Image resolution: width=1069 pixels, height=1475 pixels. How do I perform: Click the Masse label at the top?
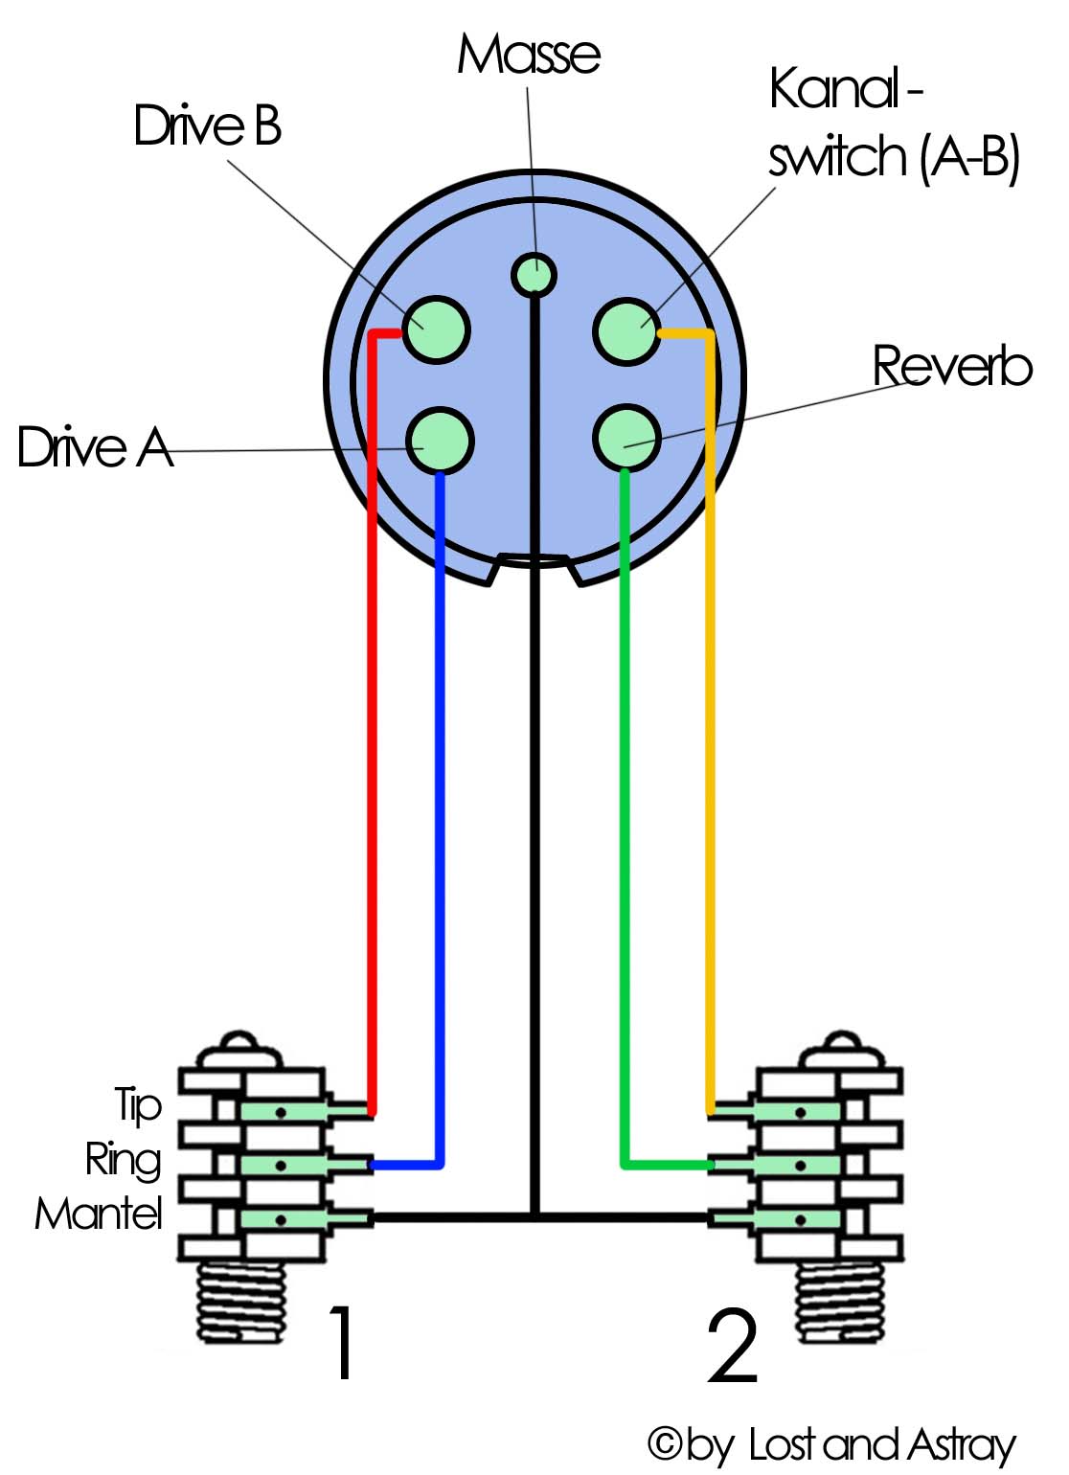(528, 55)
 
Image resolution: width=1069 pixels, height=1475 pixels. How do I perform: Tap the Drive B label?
(207, 125)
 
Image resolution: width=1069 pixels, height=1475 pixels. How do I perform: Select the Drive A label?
(95, 447)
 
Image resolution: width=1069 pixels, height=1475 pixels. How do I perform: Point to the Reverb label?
(952, 366)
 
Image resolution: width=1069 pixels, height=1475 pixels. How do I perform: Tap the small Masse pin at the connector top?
(533, 274)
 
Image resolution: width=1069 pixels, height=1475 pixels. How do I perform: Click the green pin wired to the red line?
(436, 329)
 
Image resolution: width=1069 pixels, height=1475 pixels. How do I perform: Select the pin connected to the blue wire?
(441, 441)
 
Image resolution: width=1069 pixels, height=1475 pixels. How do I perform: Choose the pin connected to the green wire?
(626, 438)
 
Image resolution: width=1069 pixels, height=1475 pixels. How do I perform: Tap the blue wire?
(441, 814)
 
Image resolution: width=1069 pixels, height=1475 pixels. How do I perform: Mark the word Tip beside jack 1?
(139, 1105)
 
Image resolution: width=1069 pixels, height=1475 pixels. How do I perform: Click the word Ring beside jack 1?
(124, 1160)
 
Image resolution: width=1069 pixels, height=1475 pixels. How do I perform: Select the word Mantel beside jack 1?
(99, 1214)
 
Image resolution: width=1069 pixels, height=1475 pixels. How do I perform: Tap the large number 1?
(341, 1343)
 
